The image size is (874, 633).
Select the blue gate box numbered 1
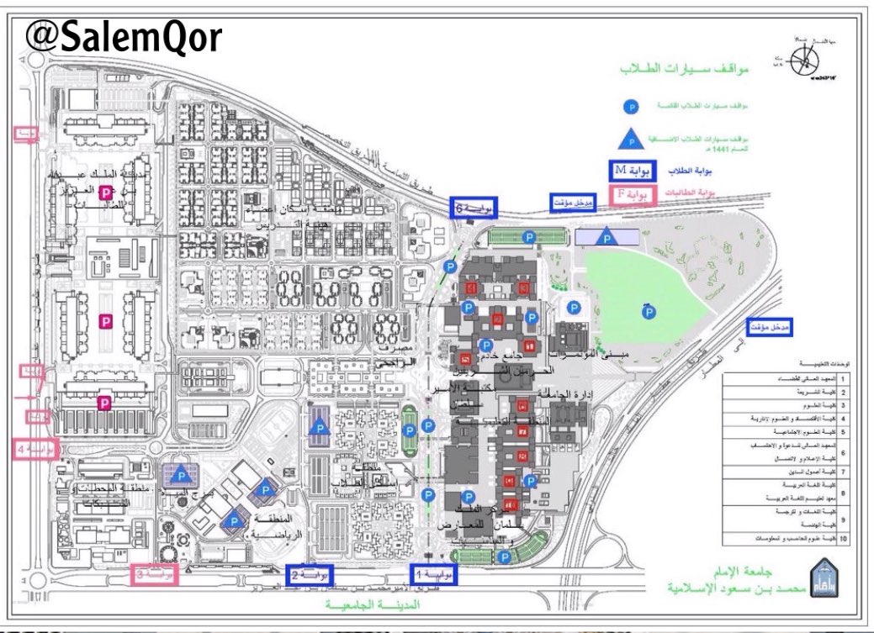coord(437,574)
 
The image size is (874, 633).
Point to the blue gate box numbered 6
coord(473,206)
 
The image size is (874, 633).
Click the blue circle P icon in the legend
coord(628,108)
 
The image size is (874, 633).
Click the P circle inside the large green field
coord(649,313)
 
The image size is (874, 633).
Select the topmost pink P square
coord(106,193)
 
